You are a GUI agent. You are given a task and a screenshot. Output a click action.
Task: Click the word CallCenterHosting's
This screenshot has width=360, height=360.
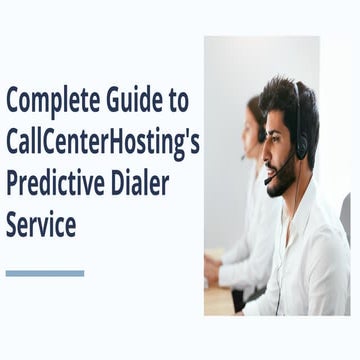click(x=103, y=142)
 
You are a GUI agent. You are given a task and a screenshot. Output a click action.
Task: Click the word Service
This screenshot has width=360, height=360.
click(x=41, y=224)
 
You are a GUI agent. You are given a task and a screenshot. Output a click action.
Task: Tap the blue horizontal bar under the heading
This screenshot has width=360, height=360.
click(x=45, y=272)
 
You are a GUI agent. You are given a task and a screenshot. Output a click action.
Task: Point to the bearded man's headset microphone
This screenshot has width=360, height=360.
click(x=268, y=181)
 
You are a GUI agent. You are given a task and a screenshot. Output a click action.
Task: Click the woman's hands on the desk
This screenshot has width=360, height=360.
click(x=212, y=270)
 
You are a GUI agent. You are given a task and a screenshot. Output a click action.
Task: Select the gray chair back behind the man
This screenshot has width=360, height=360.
click(x=346, y=215)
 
